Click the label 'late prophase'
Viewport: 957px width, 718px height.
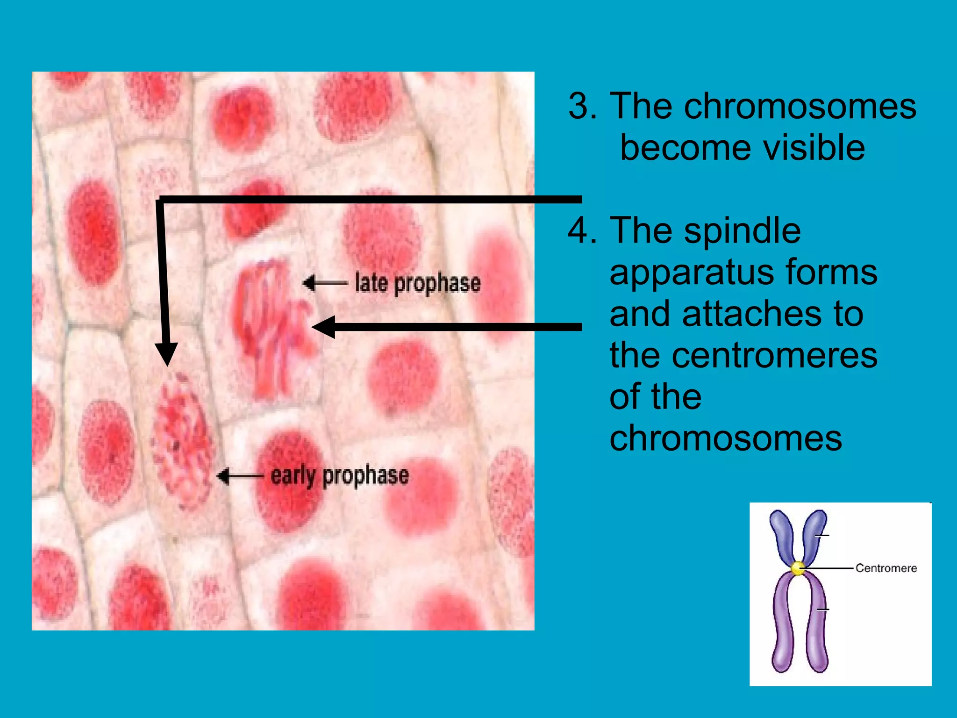click(x=417, y=283)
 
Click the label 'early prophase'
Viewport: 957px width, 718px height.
click(x=340, y=476)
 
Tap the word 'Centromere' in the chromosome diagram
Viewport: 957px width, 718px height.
click(x=886, y=568)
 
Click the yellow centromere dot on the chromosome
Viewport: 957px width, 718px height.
click(x=798, y=568)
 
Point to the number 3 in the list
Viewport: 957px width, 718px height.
click(x=582, y=107)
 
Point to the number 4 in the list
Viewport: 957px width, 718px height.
click(x=582, y=230)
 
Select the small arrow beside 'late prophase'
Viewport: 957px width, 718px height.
click(x=325, y=283)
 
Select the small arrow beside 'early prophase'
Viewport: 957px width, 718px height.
click(x=239, y=476)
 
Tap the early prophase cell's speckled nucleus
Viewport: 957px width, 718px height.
click(x=182, y=439)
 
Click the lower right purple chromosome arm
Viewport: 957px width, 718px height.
click(x=817, y=626)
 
